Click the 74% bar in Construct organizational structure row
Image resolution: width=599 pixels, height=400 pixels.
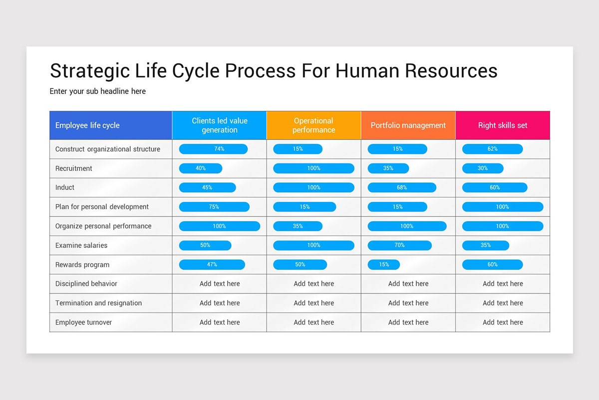pos(213,149)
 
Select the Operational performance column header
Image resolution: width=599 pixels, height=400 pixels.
pos(313,125)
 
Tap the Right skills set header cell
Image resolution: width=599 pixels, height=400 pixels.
pos(502,125)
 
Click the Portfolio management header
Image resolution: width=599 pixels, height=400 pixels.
pos(408,125)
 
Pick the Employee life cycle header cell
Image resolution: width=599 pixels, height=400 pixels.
pos(111,125)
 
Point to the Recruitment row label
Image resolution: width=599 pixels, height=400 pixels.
pos(74,168)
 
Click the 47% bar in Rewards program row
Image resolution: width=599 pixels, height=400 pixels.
pos(212,264)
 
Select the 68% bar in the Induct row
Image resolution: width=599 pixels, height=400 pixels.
pos(402,187)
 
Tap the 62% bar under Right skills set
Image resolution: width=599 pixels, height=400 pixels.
pos(492,149)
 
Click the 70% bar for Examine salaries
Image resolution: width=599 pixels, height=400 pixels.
pos(399,245)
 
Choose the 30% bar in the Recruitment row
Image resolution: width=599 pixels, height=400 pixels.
pos(483,168)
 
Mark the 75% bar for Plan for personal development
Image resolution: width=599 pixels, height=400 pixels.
pos(214,207)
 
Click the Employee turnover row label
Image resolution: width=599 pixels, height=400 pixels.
pos(84,322)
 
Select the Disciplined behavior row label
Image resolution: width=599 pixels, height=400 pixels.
pos(86,284)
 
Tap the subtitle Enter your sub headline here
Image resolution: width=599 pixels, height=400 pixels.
pos(98,91)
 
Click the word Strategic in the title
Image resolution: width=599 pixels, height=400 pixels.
pos(89,71)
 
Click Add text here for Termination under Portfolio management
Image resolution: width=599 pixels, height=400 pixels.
pos(408,303)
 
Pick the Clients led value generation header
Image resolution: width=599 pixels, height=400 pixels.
pos(219,125)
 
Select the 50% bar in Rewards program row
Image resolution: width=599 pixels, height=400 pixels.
pos(300,264)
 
